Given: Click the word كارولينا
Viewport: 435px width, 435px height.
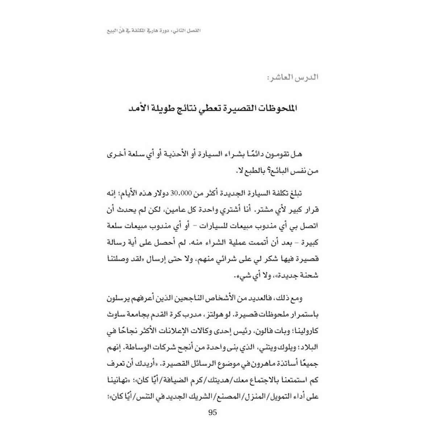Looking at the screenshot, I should tap(305, 331).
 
